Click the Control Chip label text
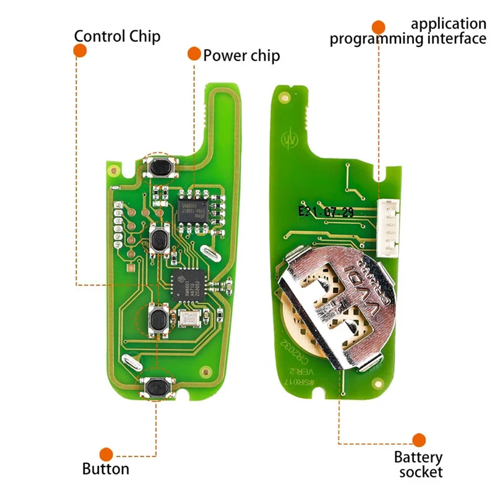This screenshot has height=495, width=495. click(117, 35)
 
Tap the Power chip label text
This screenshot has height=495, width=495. click(241, 56)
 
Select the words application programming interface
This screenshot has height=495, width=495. click(408, 32)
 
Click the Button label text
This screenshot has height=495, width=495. click(106, 468)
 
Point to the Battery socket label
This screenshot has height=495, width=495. click(418, 465)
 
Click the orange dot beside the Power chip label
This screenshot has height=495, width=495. click(194, 54)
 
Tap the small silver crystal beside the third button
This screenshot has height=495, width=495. click(187, 319)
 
